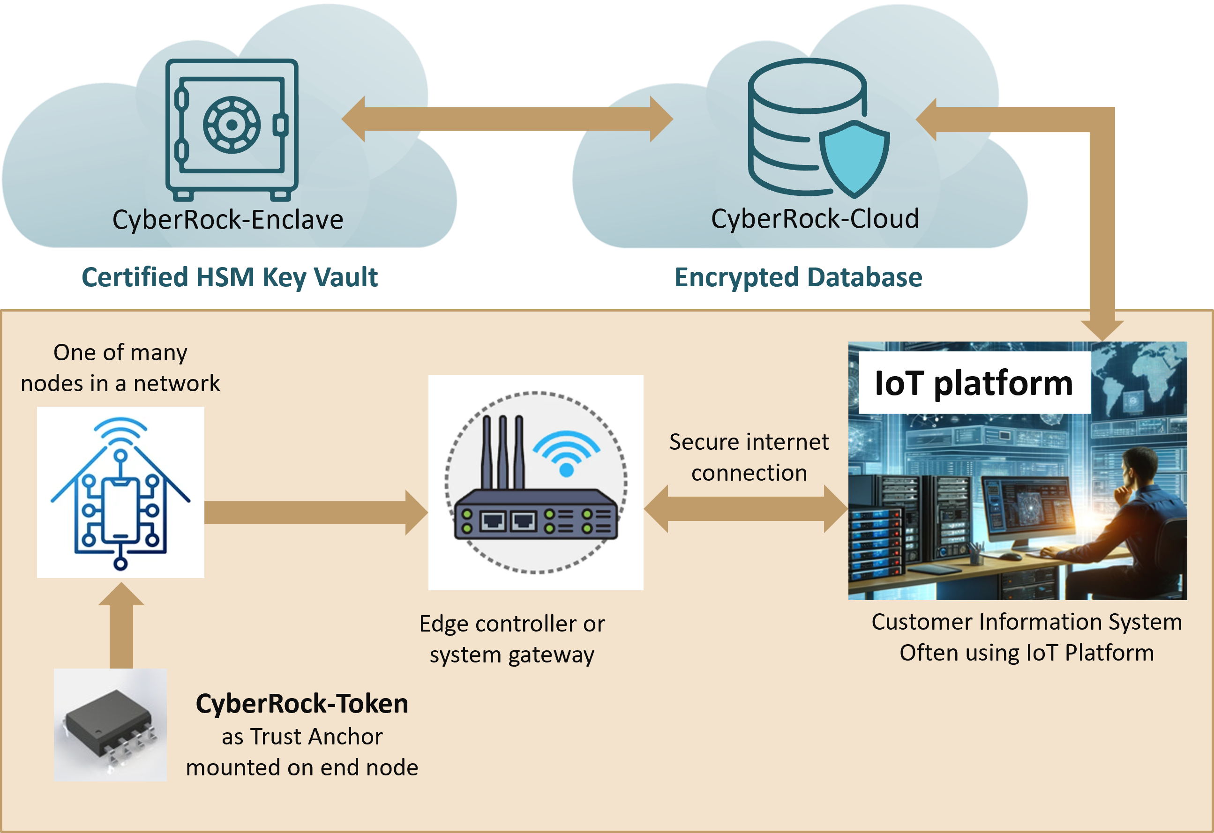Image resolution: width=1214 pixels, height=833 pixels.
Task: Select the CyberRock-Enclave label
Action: coord(228,220)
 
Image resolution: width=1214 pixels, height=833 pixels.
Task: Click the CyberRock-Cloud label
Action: coord(815,219)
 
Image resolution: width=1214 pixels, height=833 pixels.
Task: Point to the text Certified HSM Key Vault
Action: coord(230,277)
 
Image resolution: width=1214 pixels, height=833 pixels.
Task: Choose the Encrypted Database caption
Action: coord(798,277)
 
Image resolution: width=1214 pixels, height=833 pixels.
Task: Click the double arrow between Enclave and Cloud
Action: coord(507,119)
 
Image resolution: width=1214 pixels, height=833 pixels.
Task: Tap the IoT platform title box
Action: coord(974,383)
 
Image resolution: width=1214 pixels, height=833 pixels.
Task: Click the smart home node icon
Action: coord(120,492)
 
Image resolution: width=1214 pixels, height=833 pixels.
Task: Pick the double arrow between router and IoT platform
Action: coord(745,509)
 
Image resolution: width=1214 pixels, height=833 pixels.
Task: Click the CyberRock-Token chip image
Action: coord(110,725)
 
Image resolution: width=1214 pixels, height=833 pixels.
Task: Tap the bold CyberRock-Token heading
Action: coord(302,704)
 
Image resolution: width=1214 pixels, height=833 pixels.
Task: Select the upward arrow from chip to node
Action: coord(121,627)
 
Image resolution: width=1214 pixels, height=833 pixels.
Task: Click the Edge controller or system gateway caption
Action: coord(512,639)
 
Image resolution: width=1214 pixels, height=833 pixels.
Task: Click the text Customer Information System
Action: coord(1027,622)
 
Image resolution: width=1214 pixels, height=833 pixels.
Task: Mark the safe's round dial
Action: coord(232,125)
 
